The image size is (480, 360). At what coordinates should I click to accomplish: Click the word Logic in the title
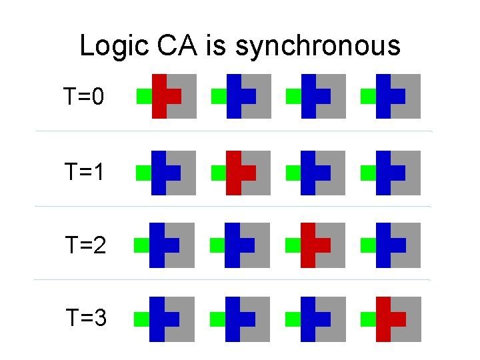(111, 46)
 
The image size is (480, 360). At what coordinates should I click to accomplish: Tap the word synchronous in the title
(318, 46)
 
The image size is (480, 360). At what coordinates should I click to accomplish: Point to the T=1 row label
(85, 173)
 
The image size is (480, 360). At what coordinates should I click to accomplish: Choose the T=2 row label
(85, 245)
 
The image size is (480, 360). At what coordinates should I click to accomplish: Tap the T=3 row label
(85, 319)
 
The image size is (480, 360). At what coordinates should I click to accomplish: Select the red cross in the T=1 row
(234, 173)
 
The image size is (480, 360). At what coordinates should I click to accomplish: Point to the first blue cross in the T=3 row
(158, 319)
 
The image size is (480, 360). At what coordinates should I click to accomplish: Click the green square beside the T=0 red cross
(143, 96)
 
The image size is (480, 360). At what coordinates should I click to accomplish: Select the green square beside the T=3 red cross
(367, 319)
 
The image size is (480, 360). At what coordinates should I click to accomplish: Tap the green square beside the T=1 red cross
(218, 173)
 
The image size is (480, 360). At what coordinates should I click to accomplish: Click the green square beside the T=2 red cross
(292, 245)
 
